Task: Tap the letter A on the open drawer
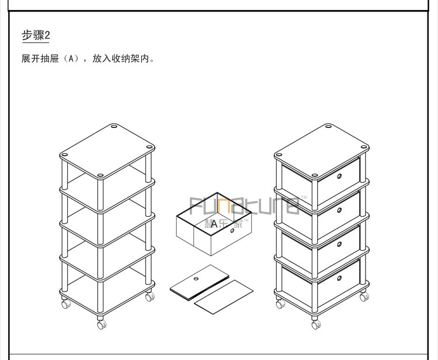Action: coord(214,223)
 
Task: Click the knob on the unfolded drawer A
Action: coord(232,231)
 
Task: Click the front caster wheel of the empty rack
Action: coord(102,323)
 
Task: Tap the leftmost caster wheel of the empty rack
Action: coord(65,303)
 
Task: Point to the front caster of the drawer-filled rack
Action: coord(315,323)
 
